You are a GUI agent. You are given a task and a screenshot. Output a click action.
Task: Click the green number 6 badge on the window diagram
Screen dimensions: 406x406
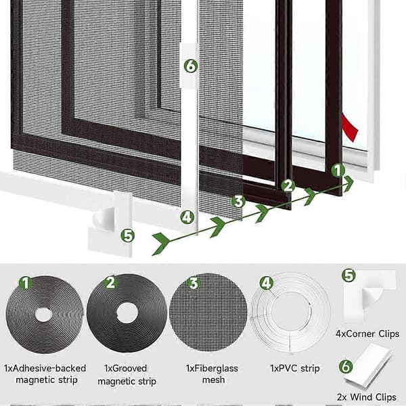pyautogui.click(x=191, y=66)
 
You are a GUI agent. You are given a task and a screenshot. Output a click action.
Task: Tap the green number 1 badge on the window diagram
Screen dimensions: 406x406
pyautogui.click(x=338, y=171)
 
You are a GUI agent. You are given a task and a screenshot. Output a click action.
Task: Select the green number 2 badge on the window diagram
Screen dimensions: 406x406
pyautogui.click(x=288, y=185)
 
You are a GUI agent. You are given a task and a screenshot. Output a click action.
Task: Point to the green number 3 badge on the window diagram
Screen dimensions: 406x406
pyautogui.click(x=238, y=202)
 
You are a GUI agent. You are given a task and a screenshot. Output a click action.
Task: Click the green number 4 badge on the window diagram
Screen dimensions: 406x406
pyautogui.click(x=187, y=217)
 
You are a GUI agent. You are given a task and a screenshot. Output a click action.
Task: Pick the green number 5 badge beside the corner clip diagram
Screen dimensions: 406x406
pyautogui.click(x=128, y=236)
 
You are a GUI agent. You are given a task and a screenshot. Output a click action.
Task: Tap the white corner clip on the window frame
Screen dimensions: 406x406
pyautogui.click(x=111, y=225)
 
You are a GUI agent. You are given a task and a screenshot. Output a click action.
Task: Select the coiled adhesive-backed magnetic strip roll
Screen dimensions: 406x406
pyautogui.click(x=45, y=315)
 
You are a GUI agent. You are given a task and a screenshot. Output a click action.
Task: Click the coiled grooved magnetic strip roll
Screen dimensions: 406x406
pyautogui.click(x=127, y=313)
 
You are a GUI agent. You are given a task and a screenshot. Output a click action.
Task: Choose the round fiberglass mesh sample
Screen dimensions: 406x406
pyautogui.click(x=208, y=312)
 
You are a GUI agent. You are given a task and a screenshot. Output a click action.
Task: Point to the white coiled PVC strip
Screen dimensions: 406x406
pyautogui.click(x=290, y=313)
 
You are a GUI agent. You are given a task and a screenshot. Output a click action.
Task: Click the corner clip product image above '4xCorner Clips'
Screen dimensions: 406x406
pyautogui.click(x=369, y=296)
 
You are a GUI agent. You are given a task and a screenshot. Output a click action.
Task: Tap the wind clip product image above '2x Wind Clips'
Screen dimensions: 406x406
pyautogui.click(x=367, y=366)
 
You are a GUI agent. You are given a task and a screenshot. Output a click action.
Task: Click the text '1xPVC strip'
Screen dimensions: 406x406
pyautogui.click(x=295, y=368)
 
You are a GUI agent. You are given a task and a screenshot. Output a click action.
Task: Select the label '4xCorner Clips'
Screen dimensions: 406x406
pyautogui.click(x=367, y=334)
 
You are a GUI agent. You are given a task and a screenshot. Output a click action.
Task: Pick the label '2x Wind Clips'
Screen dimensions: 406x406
pyautogui.click(x=366, y=397)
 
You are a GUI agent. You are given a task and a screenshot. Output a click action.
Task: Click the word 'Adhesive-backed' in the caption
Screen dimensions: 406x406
pyautogui.click(x=49, y=368)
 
